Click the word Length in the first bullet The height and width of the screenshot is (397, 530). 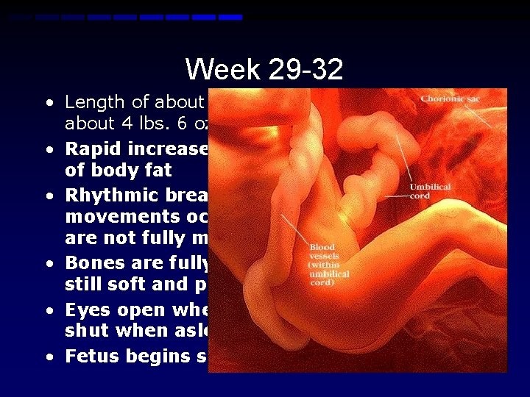[90, 102]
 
